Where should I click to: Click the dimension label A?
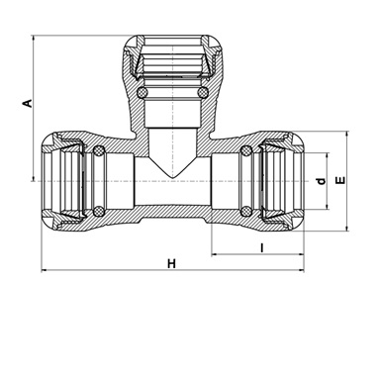coord(28,103)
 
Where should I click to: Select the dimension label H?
coord(171,264)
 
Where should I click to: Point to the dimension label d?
coord(321,181)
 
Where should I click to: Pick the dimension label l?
coord(262,247)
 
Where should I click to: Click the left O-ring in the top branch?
coord(141,92)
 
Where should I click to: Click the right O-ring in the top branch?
coord(202,92)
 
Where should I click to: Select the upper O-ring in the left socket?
coord(98,151)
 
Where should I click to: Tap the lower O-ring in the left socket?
coord(98,211)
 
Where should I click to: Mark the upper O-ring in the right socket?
coord(245,151)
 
